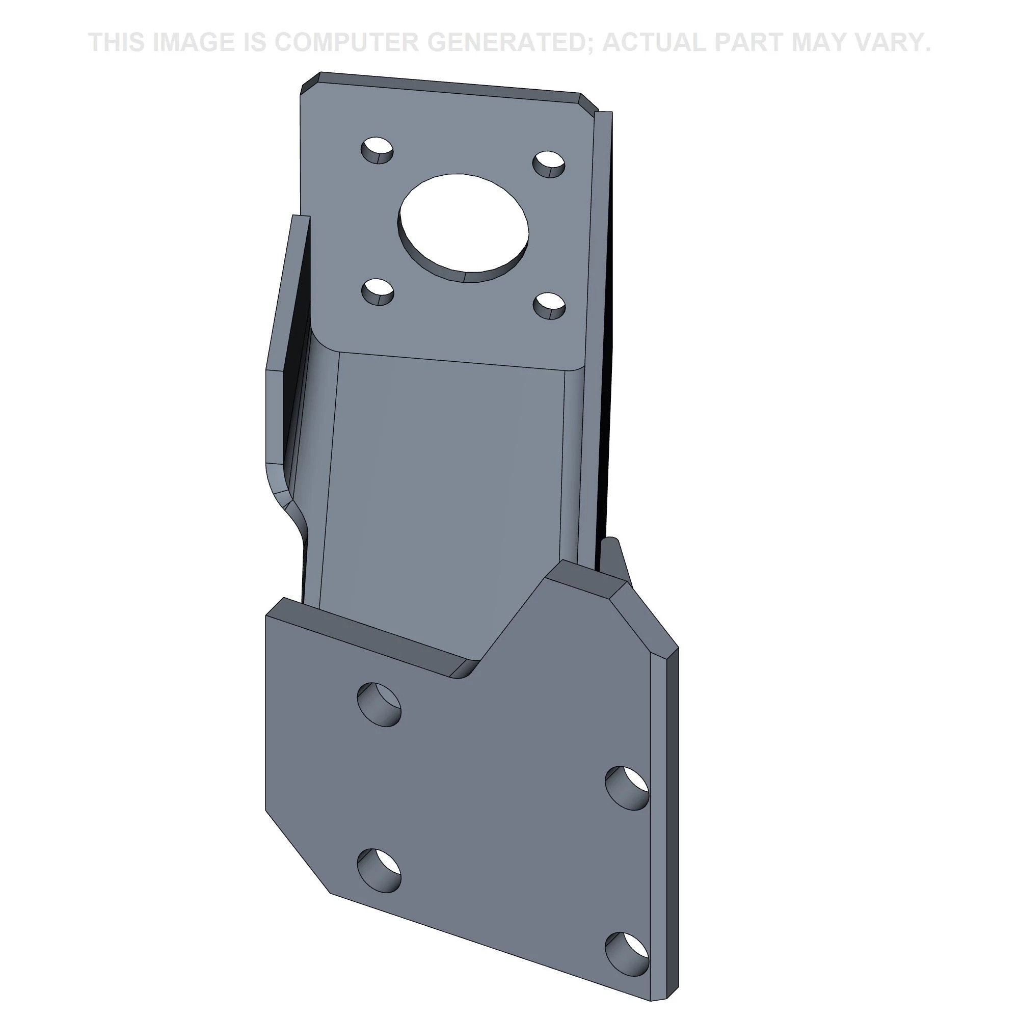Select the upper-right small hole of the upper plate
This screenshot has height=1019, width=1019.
[549, 164]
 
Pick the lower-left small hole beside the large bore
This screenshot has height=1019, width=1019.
[378, 292]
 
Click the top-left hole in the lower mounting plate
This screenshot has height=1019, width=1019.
[379, 705]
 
